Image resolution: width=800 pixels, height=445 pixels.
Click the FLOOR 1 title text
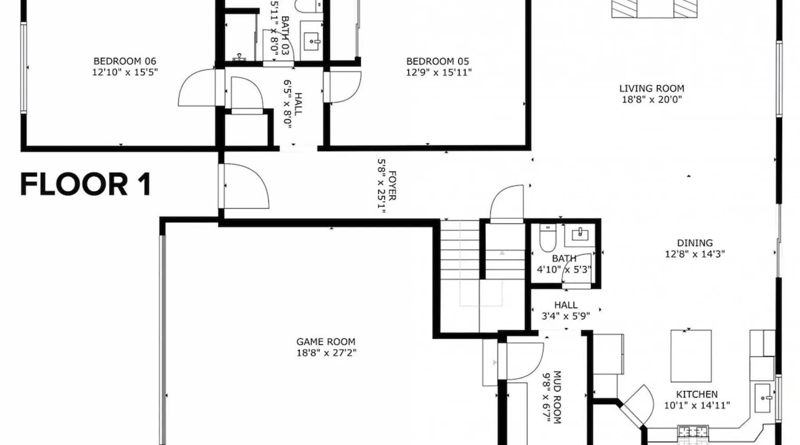85,185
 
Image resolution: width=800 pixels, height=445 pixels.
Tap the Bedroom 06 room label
125,61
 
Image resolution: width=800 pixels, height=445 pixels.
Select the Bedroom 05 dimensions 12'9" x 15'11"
439,72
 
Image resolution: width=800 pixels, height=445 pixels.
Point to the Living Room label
652,89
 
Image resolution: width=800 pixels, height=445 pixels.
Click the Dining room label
695,243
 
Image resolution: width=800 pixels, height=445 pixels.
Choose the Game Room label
326,342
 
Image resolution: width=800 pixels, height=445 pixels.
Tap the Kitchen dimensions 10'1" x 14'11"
697,405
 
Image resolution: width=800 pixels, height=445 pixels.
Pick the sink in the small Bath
580,235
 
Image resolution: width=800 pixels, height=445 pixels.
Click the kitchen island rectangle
691,356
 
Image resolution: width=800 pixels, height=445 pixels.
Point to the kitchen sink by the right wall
763,398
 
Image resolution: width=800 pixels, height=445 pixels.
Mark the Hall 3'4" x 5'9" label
566,311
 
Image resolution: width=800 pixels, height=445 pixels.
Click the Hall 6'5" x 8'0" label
293,104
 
